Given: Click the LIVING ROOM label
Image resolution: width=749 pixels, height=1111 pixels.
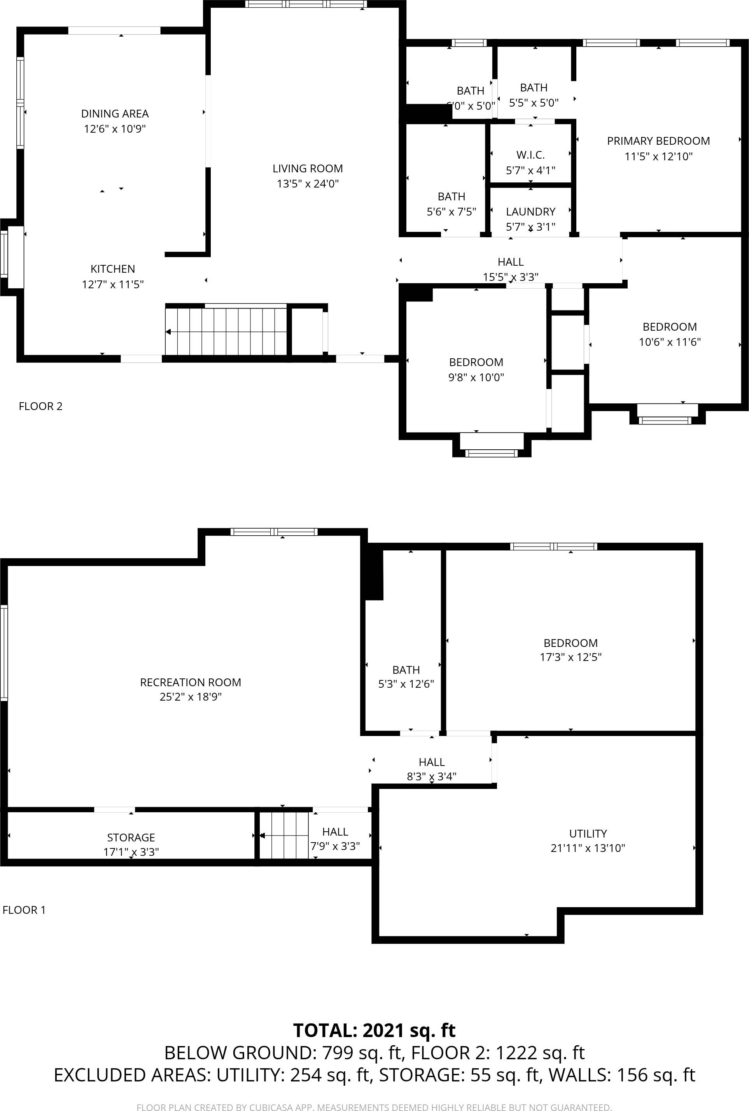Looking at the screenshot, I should pyautogui.click(x=308, y=169).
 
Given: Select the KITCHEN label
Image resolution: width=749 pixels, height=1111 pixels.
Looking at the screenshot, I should pyautogui.click(x=113, y=269).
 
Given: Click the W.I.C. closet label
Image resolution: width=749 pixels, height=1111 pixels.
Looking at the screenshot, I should pyautogui.click(x=530, y=155).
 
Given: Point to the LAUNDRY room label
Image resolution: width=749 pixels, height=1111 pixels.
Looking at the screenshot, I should pyautogui.click(x=530, y=212).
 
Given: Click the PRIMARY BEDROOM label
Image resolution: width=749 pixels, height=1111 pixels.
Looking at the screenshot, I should pyautogui.click(x=658, y=141).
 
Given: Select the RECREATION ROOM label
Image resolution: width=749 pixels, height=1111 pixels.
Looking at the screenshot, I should pyautogui.click(x=190, y=682).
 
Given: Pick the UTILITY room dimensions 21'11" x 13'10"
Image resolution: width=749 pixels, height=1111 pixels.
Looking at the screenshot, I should pyautogui.click(x=588, y=848).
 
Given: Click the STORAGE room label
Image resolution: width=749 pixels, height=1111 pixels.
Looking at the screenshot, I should pyautogui.click(x=131, y=838).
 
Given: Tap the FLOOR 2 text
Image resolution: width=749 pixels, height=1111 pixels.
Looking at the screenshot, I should pyautogui.click(x=40, y=406).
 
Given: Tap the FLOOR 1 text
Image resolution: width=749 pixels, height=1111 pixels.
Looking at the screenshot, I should pyautogui.click(x=24, y=910).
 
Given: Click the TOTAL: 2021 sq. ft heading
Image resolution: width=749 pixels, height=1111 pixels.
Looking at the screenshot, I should pyautogui.click(x=374, y=1031).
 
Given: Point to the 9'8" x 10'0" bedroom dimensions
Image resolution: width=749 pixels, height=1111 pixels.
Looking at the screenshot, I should pyautogui.click(x=476, y=377).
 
